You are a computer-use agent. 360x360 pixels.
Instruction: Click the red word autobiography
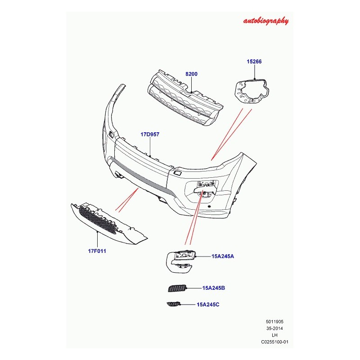(265, 21)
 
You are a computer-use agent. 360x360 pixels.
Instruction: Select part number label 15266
(254, 62)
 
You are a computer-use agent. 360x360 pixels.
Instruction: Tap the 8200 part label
(192, 74)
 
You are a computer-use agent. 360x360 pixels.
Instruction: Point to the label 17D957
(150, 134)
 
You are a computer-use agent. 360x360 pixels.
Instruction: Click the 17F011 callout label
(97, 251)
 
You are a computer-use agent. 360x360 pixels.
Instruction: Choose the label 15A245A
(223, 256)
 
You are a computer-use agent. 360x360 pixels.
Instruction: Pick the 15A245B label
(213, 288)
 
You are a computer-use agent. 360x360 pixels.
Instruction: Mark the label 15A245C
(208, 305)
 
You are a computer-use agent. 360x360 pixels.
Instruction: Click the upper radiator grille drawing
(186, 99)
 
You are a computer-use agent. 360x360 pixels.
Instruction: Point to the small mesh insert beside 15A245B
(177, 288)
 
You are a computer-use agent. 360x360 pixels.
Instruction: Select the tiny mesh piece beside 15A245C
(174, 305)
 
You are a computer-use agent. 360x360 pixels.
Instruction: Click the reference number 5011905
(274, 322)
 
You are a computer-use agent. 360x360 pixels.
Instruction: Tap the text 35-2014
(274, 328)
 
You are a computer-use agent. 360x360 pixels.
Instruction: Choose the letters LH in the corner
(274, 335)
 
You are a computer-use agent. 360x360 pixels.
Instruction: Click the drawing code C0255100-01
(274, 342)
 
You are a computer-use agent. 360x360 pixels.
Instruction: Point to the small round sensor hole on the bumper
(209, 207)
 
